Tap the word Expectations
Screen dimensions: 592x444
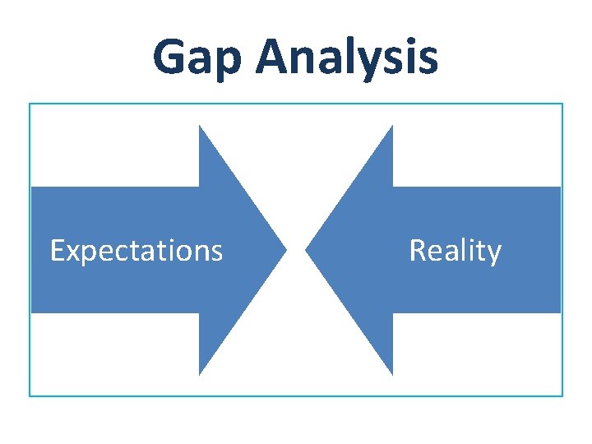[136, 250]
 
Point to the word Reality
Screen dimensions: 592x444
[455, 250]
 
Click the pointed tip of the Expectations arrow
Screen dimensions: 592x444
[285, 250]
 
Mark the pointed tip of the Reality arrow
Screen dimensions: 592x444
[307, 250]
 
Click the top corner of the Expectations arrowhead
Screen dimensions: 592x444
[200, 127]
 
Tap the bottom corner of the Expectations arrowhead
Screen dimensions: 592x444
[200, 374]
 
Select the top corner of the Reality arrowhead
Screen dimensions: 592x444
[392, 127]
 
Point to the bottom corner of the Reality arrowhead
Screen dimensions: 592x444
[392, 374]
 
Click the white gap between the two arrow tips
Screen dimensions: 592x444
[296, 250]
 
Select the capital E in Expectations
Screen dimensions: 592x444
[57, 250]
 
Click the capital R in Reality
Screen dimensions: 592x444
[418, 250]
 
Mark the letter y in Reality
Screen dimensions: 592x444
[493, 253]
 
